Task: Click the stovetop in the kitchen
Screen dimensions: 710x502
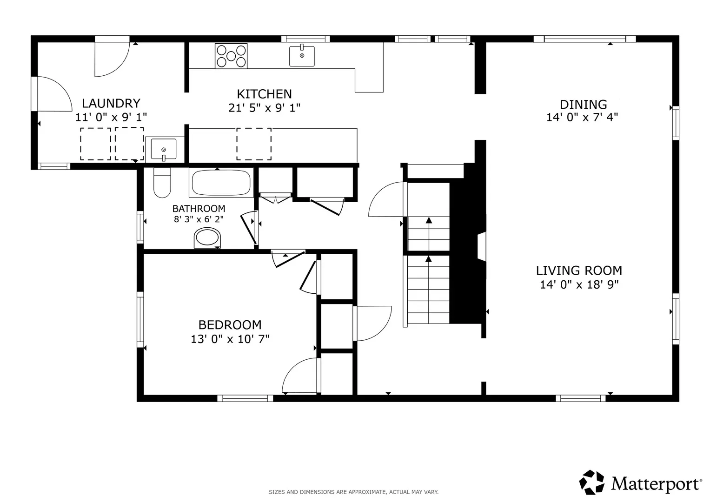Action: (x=231, y=56)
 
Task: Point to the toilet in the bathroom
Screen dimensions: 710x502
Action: (x=162, y=183)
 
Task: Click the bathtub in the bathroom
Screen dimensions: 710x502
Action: (x=221, y=183)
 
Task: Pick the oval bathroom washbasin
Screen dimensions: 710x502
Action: (x=207, y=238)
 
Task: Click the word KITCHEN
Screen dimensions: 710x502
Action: (x=265, y=94)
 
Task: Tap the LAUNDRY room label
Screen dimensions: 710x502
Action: (x=111, y=103)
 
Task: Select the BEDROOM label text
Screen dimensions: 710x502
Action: (x=230, y=325)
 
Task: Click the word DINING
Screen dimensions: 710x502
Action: (x=583, y=104)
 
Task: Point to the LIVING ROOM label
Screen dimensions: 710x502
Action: (x=579, y=271)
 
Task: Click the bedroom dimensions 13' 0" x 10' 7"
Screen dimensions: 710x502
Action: (x=230, y=339)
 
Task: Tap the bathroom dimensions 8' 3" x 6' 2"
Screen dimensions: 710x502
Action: (x=199, y=219)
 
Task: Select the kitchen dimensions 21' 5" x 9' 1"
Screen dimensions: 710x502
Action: (x=265, y=108)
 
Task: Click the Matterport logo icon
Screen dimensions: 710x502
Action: (x=591, y=482)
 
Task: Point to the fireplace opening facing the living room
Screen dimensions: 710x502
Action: (x=482, y=246)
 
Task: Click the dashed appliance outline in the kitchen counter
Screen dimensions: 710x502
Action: (x=254, y=144)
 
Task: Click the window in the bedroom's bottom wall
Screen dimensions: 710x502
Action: (x=246, y=398)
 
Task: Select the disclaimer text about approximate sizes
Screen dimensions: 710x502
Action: (x=353, y=492)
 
